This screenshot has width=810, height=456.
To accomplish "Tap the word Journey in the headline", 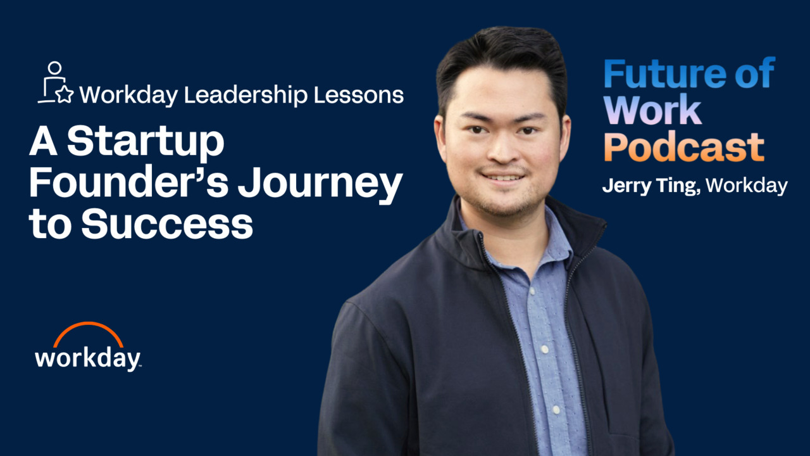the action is (x=320, y=184).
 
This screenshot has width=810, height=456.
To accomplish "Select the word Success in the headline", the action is (x=167, y=224).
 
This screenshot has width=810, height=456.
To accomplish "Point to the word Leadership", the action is (x=246, y=95).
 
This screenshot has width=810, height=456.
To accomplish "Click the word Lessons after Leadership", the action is (x=359, y=95).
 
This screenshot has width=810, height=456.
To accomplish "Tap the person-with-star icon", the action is (x=56, y=82).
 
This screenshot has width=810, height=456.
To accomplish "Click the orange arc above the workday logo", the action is (x=88, y=332).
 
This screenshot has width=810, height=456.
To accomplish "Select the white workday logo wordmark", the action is (x=87, y=359).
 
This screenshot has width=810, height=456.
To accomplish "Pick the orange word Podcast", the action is (x=684, y=146).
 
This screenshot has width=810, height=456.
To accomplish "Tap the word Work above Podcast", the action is (x=652, y=110).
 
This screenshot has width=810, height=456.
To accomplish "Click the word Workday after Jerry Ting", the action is (x=746, y=186).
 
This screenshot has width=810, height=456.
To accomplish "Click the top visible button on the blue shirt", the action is (x=532, y=291).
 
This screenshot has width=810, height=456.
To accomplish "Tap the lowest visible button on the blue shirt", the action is (x=556, y=410).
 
